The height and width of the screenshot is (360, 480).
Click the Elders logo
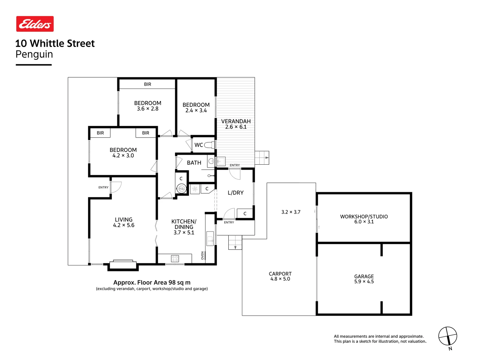tap(35, 24)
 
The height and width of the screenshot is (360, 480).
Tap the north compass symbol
tap(447, 336)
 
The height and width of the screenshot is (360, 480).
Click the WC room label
tap(199, 145)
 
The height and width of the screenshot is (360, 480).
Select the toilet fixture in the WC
tap(209, 145)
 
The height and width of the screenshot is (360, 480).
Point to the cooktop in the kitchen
tap(175, 258)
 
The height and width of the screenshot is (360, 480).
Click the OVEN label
tap(202, 255)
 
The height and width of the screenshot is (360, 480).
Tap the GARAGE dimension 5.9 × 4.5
tap(364, 282)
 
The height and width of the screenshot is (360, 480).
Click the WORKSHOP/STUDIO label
tap(364, 217)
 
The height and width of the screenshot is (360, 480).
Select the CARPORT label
tap(280, 274)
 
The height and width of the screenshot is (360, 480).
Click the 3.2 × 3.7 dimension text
tap(291, 212)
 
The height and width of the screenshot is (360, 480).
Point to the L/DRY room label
tap(235, 193)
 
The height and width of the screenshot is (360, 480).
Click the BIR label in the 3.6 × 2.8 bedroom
tap(147, 84)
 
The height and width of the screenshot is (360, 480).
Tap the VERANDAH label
tap(236, 121)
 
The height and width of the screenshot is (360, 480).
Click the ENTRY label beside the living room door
tap(103, 187)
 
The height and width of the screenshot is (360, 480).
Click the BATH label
tap(194, 163)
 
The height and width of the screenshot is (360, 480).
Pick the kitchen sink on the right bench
tap(210, 238)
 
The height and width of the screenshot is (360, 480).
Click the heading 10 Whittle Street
tap(55, 43)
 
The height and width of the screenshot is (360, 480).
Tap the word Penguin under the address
tap(34, 54)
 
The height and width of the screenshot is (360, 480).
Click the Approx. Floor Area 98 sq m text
tap(152, 282)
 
